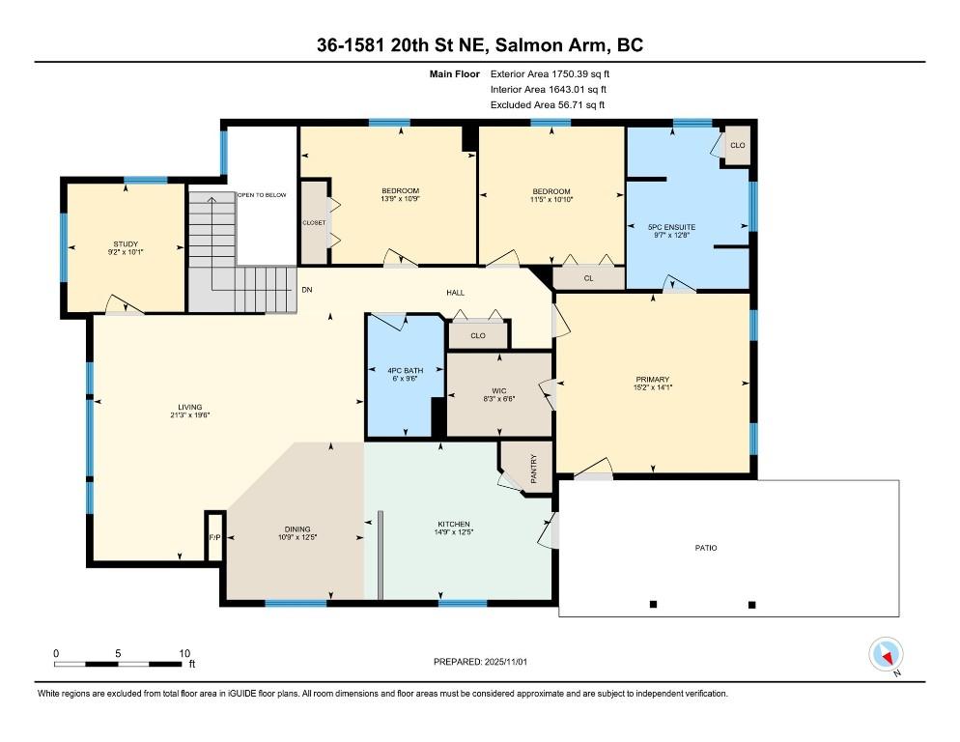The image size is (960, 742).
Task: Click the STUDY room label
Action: coord(126,243)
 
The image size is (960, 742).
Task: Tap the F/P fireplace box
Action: coord(214,537)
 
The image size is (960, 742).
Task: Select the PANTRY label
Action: coord(534,469)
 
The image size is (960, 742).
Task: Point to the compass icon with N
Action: coord(886,654)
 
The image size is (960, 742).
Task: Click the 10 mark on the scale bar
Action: coord(184,653)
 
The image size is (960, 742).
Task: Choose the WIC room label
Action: coord(499,391)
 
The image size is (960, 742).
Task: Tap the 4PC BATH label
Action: coord(406,371)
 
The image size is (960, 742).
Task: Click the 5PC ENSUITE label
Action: coord(671,227)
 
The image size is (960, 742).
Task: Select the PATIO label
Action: coord(706,548)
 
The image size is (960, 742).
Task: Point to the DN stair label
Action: coord(307,290)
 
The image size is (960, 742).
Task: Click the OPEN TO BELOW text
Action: coord(262,195)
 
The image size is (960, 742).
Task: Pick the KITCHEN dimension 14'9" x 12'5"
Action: coord(454,532)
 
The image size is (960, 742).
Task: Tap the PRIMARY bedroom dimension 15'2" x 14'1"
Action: coord(653,387)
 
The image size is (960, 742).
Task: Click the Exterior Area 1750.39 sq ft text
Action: coord(550,74)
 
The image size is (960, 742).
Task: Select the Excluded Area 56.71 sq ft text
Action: coord(548,104)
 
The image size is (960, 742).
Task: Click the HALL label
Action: coord(455,293)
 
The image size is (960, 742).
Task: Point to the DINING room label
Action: coord(297,528)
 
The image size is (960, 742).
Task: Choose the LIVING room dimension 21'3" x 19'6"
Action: coord(190,415)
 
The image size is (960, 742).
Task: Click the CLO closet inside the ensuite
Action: coord(738,145)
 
